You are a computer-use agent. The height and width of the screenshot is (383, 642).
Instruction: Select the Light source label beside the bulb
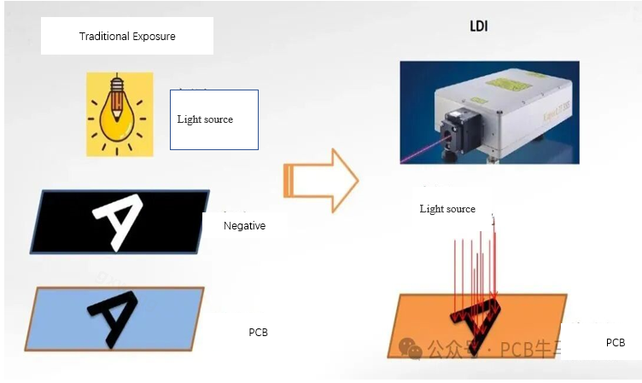(205, 119)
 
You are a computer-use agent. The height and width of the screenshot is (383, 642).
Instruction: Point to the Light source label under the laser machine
(447, 209)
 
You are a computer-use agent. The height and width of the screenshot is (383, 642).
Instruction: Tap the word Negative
(244, 226)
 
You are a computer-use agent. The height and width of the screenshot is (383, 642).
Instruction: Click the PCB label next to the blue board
(258, 333)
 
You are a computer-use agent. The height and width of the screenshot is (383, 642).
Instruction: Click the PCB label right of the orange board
(616, 343)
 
